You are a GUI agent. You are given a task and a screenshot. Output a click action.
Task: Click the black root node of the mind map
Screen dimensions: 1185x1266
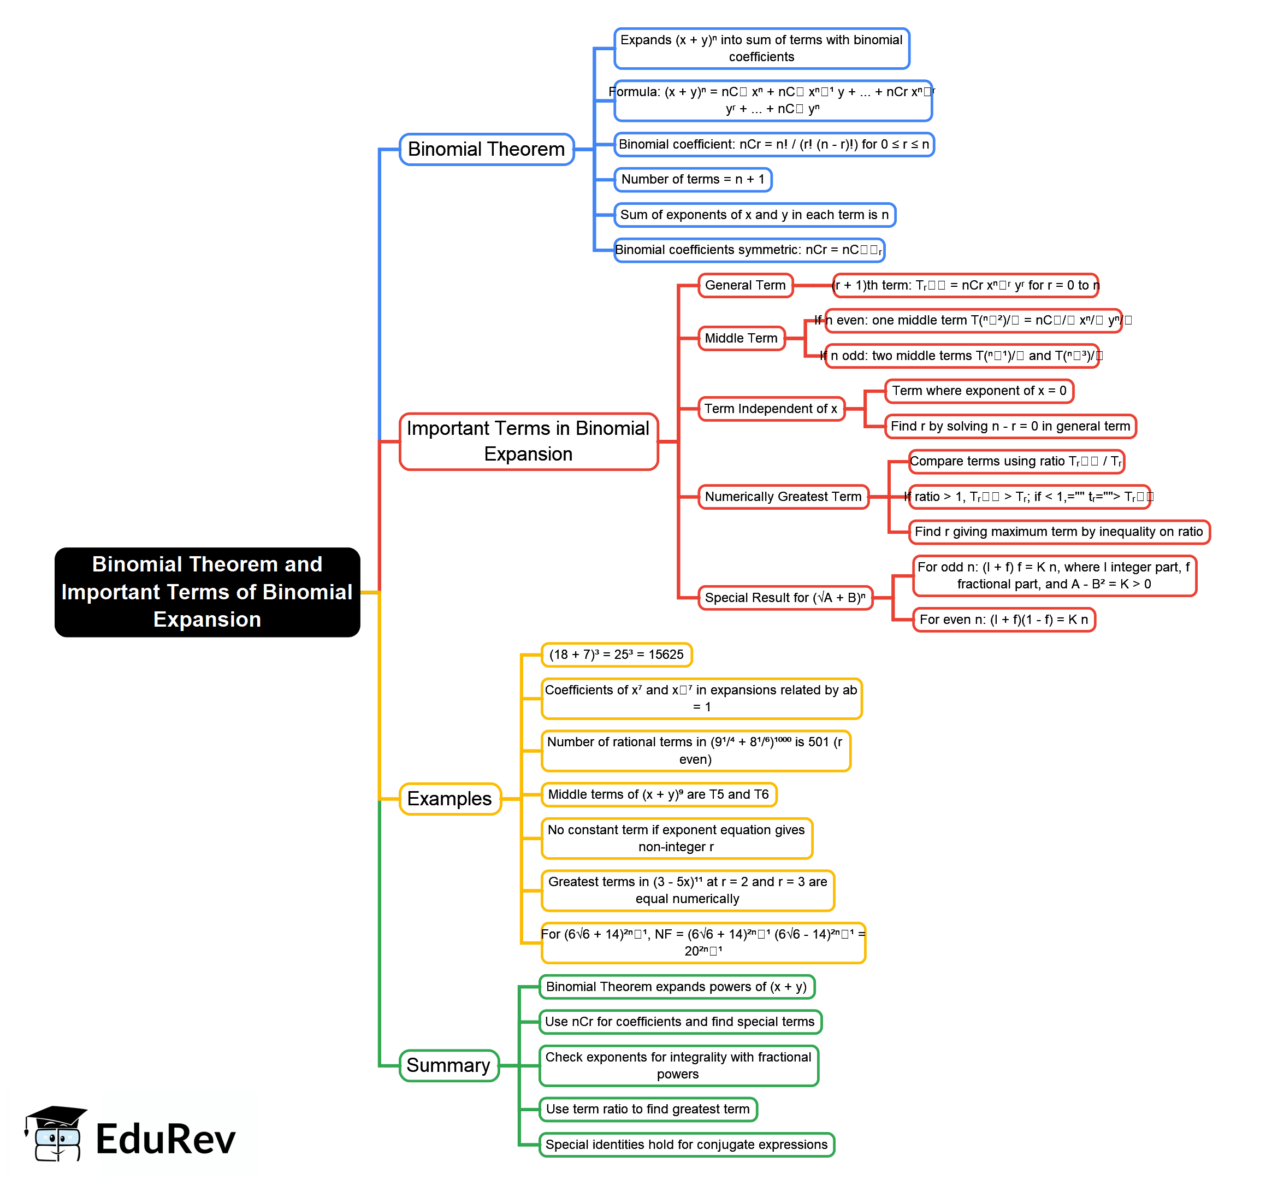[207, 592]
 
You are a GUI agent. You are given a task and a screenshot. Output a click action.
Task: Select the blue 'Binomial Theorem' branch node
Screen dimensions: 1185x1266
[487, 149]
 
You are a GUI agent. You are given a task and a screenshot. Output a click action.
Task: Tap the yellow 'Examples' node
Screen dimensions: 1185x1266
[449, 798]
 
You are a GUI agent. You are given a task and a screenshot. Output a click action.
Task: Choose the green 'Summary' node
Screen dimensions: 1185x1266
[448, 1065]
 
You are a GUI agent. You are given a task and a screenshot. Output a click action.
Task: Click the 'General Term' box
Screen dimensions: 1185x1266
[745, 285]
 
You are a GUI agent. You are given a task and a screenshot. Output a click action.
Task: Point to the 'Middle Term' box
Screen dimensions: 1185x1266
[741, 338]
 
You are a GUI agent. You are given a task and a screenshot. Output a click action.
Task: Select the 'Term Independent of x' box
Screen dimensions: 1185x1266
[771, 408]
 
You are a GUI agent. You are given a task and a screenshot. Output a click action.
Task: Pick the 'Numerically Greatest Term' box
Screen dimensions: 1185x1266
[783, 496]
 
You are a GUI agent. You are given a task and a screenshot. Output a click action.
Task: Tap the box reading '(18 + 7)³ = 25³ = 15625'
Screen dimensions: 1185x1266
[616, 655]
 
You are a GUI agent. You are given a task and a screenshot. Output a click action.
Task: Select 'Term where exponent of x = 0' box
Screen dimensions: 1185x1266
[979, 391]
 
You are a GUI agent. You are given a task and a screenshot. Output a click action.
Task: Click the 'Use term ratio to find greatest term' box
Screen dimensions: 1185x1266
[648, 1109]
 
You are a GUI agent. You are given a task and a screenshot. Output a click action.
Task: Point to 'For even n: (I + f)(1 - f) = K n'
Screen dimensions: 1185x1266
[1004, 619]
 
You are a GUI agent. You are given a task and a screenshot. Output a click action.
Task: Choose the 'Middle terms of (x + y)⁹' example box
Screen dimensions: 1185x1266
[659, 794]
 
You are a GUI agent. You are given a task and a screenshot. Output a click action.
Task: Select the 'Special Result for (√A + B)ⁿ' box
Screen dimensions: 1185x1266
[785, 598]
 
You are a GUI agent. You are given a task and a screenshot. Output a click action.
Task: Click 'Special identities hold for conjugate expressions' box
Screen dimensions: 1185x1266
[687, 1144]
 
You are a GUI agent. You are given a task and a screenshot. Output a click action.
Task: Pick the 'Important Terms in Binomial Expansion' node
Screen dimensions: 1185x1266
[528, 441]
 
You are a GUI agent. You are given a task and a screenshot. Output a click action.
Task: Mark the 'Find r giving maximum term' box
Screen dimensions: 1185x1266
[1058, 532]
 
